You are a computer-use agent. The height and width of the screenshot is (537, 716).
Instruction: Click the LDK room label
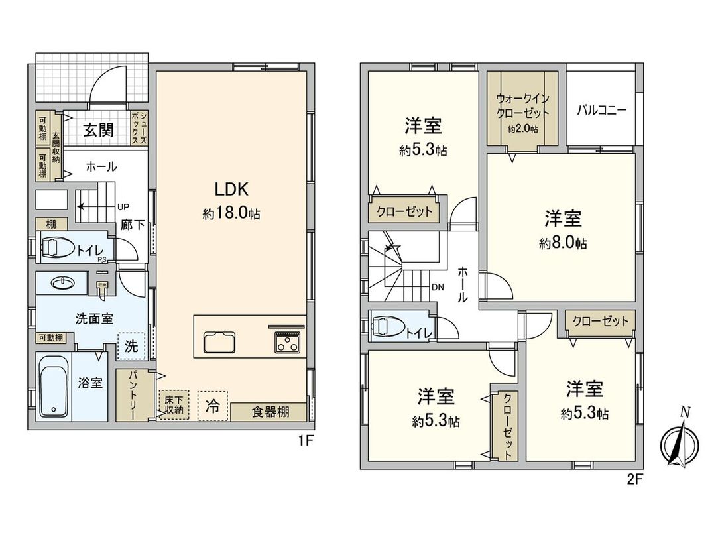click(x=231, y=190)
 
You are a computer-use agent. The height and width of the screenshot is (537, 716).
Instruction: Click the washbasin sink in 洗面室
click(x=63, y=284)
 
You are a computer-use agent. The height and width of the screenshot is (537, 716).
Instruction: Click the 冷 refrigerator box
click(x=212, y=404)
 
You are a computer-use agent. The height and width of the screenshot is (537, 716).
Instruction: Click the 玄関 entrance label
click(x=98, y=129)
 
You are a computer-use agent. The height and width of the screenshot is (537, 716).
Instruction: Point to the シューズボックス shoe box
click(x=139, y=127)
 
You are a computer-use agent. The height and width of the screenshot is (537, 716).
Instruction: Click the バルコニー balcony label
click(x=601, y=109)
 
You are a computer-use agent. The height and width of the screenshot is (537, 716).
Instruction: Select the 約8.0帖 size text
click(x=563, y=243)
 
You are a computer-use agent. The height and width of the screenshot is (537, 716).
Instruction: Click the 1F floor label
click(x=305, y=440)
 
